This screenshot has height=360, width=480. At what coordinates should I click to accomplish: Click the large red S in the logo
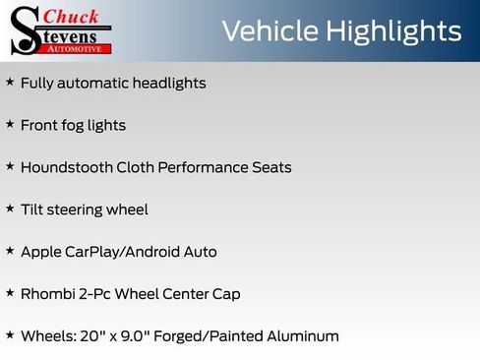pyautogui.click(x=24, y=30)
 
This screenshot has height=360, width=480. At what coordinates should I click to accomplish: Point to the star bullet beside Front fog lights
pyautogui.click(x=10, y=125)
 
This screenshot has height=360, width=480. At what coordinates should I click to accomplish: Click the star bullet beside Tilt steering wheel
pyautogui.click(x=10, y=209)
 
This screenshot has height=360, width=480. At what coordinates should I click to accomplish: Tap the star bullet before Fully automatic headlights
pyautogui.click(x=10, y=83)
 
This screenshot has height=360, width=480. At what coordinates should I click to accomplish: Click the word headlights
pyautogui.click(x=168, y=84)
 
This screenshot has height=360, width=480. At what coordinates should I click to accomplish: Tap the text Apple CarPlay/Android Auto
pyautogui.click(x=118, y=252)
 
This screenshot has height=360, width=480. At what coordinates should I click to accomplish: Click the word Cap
pyautogui.click(x=226, y=293)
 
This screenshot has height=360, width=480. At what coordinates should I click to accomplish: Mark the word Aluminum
pyautogui.click(x=301, y=335)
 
